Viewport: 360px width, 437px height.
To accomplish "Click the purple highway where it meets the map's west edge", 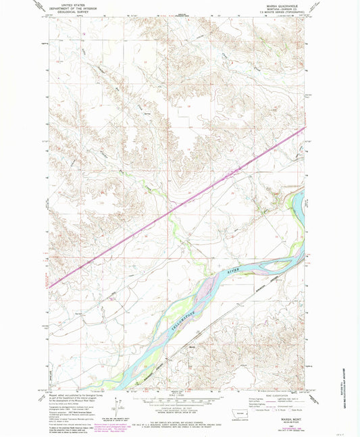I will click(x=49, y=286).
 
